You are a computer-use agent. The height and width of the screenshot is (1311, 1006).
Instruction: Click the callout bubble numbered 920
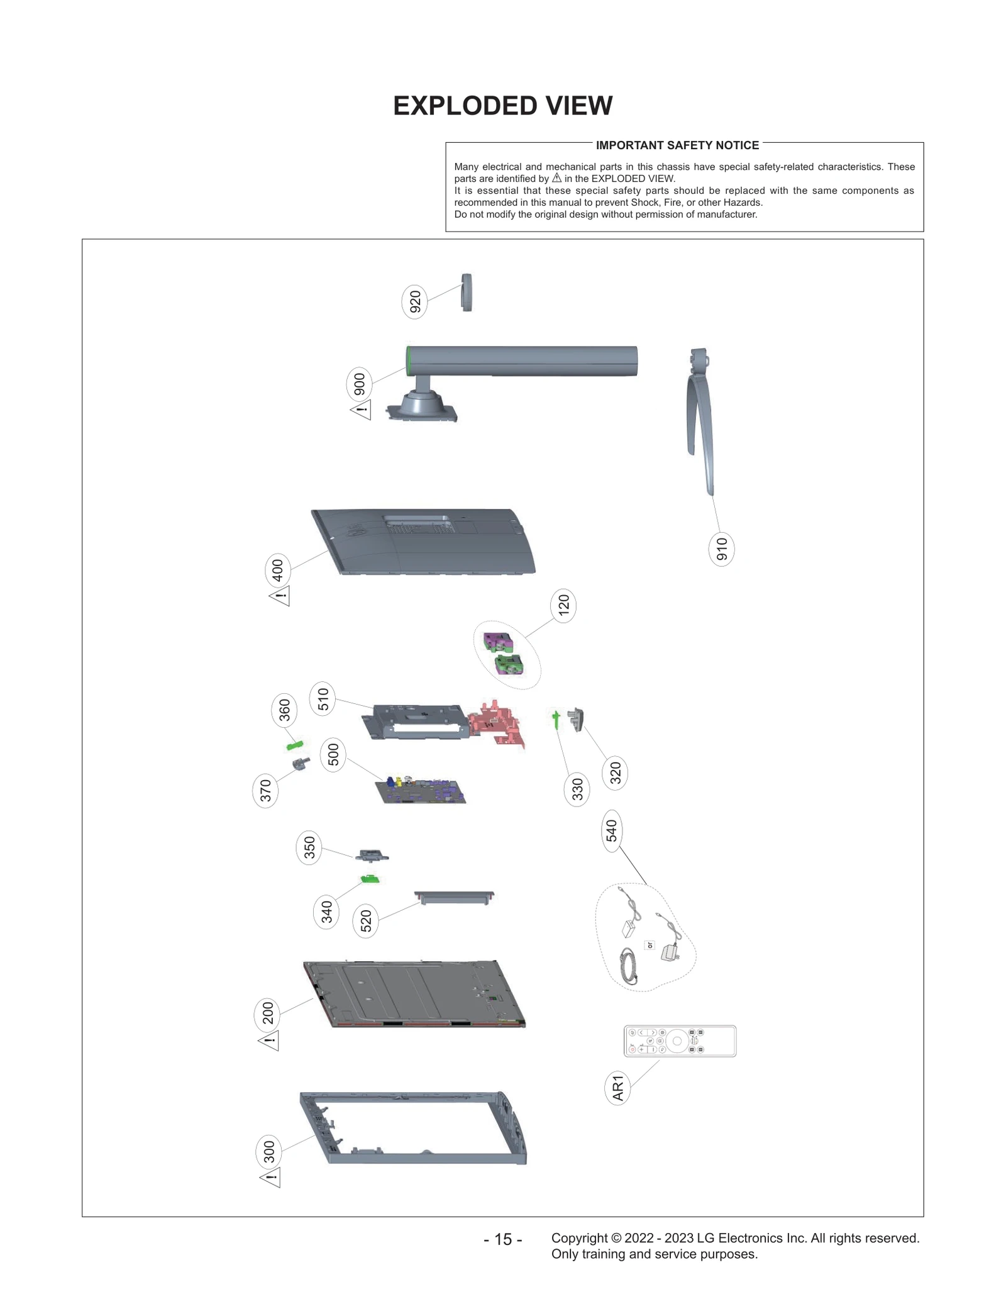pyautogui.click(x=414, y=302)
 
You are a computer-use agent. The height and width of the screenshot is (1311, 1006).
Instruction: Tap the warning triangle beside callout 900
pyautogui.click(x=362, y=410)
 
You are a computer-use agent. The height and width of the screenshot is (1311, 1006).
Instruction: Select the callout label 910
pyautogui.click(x=721, y=549)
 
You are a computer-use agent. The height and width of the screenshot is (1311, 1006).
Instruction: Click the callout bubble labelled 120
pyautogui.click(x=563, y=605)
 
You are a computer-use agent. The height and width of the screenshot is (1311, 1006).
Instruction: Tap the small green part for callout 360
pyautogui.click(x=294, y=745)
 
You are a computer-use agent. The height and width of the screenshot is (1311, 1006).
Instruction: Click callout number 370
pyautogui.click(x=265, y=791)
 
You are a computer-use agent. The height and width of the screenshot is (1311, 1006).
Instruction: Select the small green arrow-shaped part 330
pyautogui.click(x=556, y=719)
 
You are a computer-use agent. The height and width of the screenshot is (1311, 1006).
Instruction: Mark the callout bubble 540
pyautogui.click(x=612, y=831)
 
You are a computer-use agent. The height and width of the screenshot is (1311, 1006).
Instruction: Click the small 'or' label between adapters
pyautogui.click(x=650, y=945)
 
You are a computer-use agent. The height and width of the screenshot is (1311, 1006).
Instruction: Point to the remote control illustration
pyautogui.click(x=680, y=1040)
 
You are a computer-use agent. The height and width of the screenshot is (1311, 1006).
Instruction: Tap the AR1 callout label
pyautogui.click(x=617, y=1088)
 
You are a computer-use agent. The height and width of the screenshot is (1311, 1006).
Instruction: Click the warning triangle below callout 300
pyautogui.click(x=270, y=1177)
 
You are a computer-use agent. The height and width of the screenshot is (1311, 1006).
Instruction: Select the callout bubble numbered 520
pyautogui.click(x=366, y=922)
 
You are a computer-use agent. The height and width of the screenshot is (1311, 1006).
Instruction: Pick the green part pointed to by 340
pyautogui.click(x=370, y=879)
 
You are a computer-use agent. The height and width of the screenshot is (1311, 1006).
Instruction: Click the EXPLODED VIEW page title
pyautogui.click(x=502, y=106)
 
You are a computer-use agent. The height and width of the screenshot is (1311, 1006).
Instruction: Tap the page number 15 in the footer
pyautogui.click(x=502, y=1239)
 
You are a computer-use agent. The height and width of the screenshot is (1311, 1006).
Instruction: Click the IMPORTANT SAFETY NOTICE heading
pyautogui.click(x=677, y=145)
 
